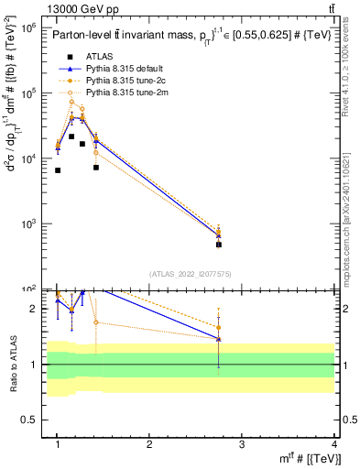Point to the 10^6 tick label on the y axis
coord(28,28)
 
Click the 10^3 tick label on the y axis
coord(28,224)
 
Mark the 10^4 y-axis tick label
coord(28,158)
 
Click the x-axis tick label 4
coord(334,444)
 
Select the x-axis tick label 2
coord(149,444)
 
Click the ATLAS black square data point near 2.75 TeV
coord(219,245)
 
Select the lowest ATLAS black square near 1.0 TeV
coord(58,170)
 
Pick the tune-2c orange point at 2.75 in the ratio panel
coord(219,327)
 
